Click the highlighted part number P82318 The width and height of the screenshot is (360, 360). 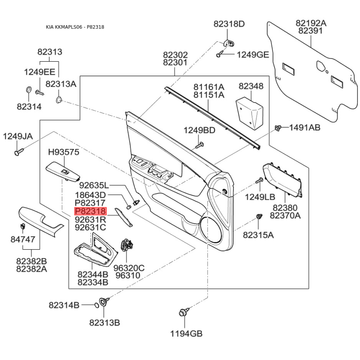91,211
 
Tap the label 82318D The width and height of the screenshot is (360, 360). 229,24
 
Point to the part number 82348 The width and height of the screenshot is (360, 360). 251,86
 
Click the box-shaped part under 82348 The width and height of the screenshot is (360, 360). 250,113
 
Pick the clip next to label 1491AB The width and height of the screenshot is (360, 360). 279,128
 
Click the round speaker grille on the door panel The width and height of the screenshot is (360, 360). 211,230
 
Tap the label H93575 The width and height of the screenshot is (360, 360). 63,152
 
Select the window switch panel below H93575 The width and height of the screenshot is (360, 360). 63,171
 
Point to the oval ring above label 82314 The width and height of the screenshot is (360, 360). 29,90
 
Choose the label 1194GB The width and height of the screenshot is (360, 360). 186,333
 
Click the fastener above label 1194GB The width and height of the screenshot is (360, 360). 184,312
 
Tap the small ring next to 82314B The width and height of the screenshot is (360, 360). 97,305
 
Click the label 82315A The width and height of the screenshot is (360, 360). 258,235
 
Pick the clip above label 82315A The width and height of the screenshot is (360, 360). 259,216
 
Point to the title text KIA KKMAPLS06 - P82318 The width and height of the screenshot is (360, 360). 75,27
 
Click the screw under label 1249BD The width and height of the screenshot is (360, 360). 199,145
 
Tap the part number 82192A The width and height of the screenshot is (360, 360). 311,23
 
